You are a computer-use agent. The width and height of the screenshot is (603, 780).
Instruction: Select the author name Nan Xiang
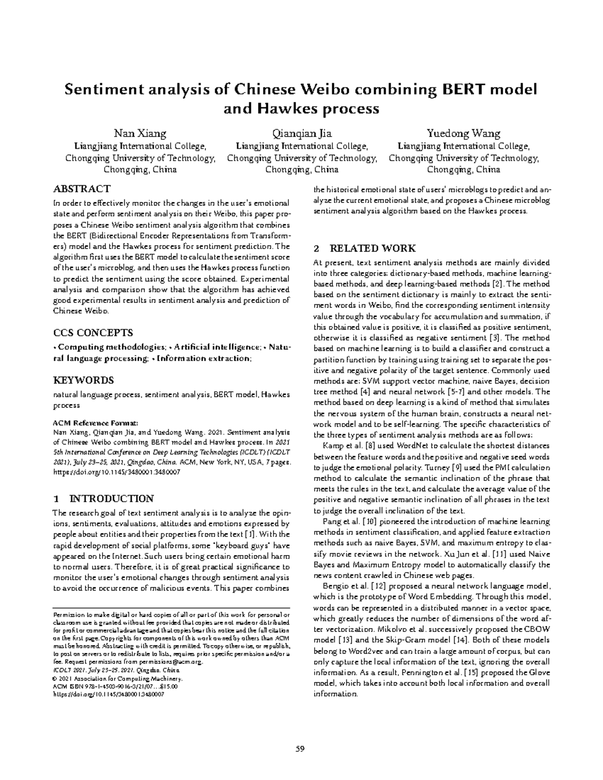point(140,134)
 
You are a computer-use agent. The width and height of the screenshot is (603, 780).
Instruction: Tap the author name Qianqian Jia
point(301,134)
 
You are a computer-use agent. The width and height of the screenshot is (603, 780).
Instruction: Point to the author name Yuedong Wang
point(463,134)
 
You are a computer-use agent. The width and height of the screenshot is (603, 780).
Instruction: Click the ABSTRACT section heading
point(81,189)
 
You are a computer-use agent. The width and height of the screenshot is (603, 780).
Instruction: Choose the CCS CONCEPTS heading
point(93,332)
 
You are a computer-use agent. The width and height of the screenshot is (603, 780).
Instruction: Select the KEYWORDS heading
point(83,380)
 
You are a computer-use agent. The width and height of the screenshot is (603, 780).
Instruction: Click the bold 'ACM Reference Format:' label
point(94,422)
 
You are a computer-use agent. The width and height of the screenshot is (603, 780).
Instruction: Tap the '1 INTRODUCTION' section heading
point(104,499)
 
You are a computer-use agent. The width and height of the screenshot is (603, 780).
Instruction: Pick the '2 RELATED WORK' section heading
point(364,248)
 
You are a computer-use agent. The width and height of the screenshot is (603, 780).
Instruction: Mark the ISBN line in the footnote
point(115,686)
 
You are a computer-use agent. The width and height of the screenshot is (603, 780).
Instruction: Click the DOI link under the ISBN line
point(109,694)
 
